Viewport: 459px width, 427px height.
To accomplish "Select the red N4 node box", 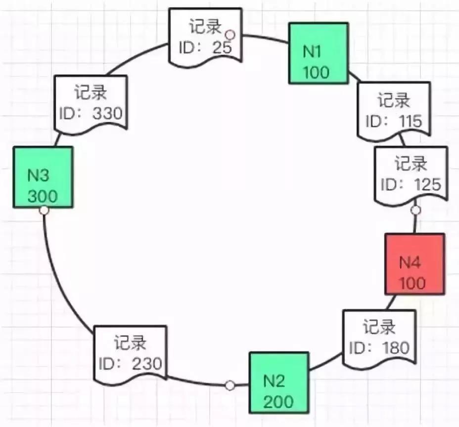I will pyautogui.click(x=414, y=264).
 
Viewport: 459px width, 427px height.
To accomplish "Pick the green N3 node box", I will pyautogui.click(x=44, y=177).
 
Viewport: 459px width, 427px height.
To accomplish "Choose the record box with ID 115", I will pyautogui.click(x=394, y=111).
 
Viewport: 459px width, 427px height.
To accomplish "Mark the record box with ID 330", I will pyautogui.click(x=91, y=103).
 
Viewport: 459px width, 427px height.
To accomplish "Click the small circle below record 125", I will pyautogui.click(x=416, y=211).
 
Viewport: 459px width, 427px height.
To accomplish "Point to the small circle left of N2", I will pyautogui.click(x=229, y=385).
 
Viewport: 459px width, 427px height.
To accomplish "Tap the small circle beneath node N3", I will pyautogui.click(x=44, y=211).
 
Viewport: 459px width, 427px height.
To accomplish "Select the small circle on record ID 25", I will pyautogui.click(x=229, y=35).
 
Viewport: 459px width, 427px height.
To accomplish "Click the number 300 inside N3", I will pyautogui.click(x=43, y=196).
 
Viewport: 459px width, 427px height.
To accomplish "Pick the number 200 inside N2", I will pyautogui.click(x=278, y=401).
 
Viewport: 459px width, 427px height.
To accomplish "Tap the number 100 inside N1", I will pyautogui.click(x=317, y=72).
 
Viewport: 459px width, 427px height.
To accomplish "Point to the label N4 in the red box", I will pyautogui.click(x=410, y=262).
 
